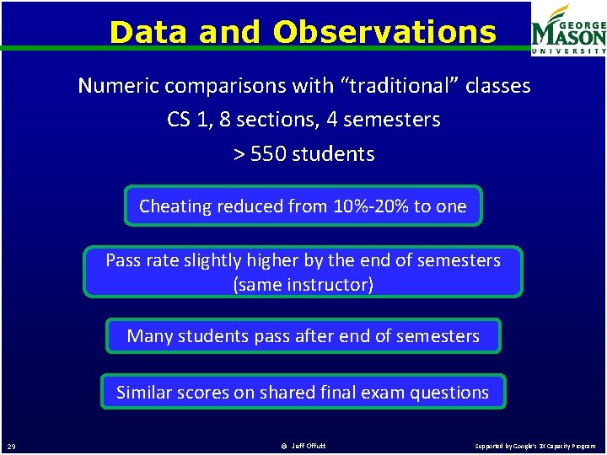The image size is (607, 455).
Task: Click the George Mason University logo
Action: click(568, 29)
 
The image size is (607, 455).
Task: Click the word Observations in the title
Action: click(385, 32)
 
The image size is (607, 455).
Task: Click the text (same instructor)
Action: click(303, 284)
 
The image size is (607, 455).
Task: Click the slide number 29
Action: click(11, 446)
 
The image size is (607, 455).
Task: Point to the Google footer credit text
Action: click(534, 446)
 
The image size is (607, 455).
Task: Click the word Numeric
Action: click(119, 85)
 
